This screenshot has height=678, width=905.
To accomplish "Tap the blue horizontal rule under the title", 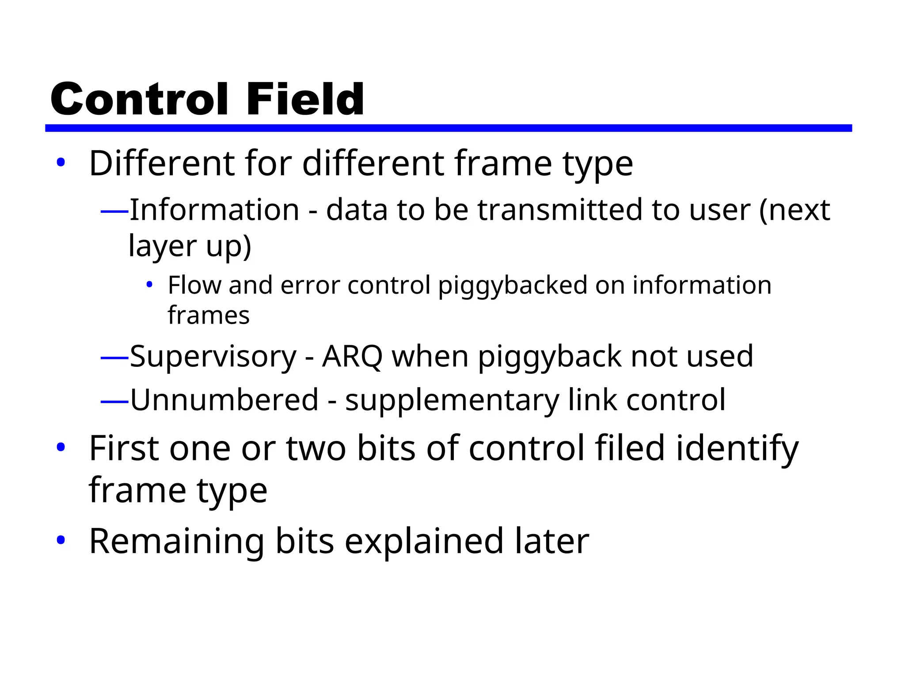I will click(x=448, y=128).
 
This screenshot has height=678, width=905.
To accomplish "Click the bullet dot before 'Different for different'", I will click(x=61, y=162).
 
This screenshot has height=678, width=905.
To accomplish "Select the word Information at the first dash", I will click(x=214, y=209).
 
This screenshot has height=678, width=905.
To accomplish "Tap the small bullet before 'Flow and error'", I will click(x=149, y=284).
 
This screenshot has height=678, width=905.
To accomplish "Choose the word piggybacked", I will click(x=513, y=285).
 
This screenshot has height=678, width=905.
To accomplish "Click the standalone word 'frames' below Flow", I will click(x=209, y=315).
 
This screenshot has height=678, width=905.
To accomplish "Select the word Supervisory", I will click(x=213, y=357).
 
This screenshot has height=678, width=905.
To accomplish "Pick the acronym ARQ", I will click(x=352, y=356).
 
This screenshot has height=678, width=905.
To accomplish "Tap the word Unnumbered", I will click(x=224, y=400).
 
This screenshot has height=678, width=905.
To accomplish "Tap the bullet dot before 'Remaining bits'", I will click(x=61, y=539).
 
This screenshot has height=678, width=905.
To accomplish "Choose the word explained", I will click(x=424, y=541).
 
